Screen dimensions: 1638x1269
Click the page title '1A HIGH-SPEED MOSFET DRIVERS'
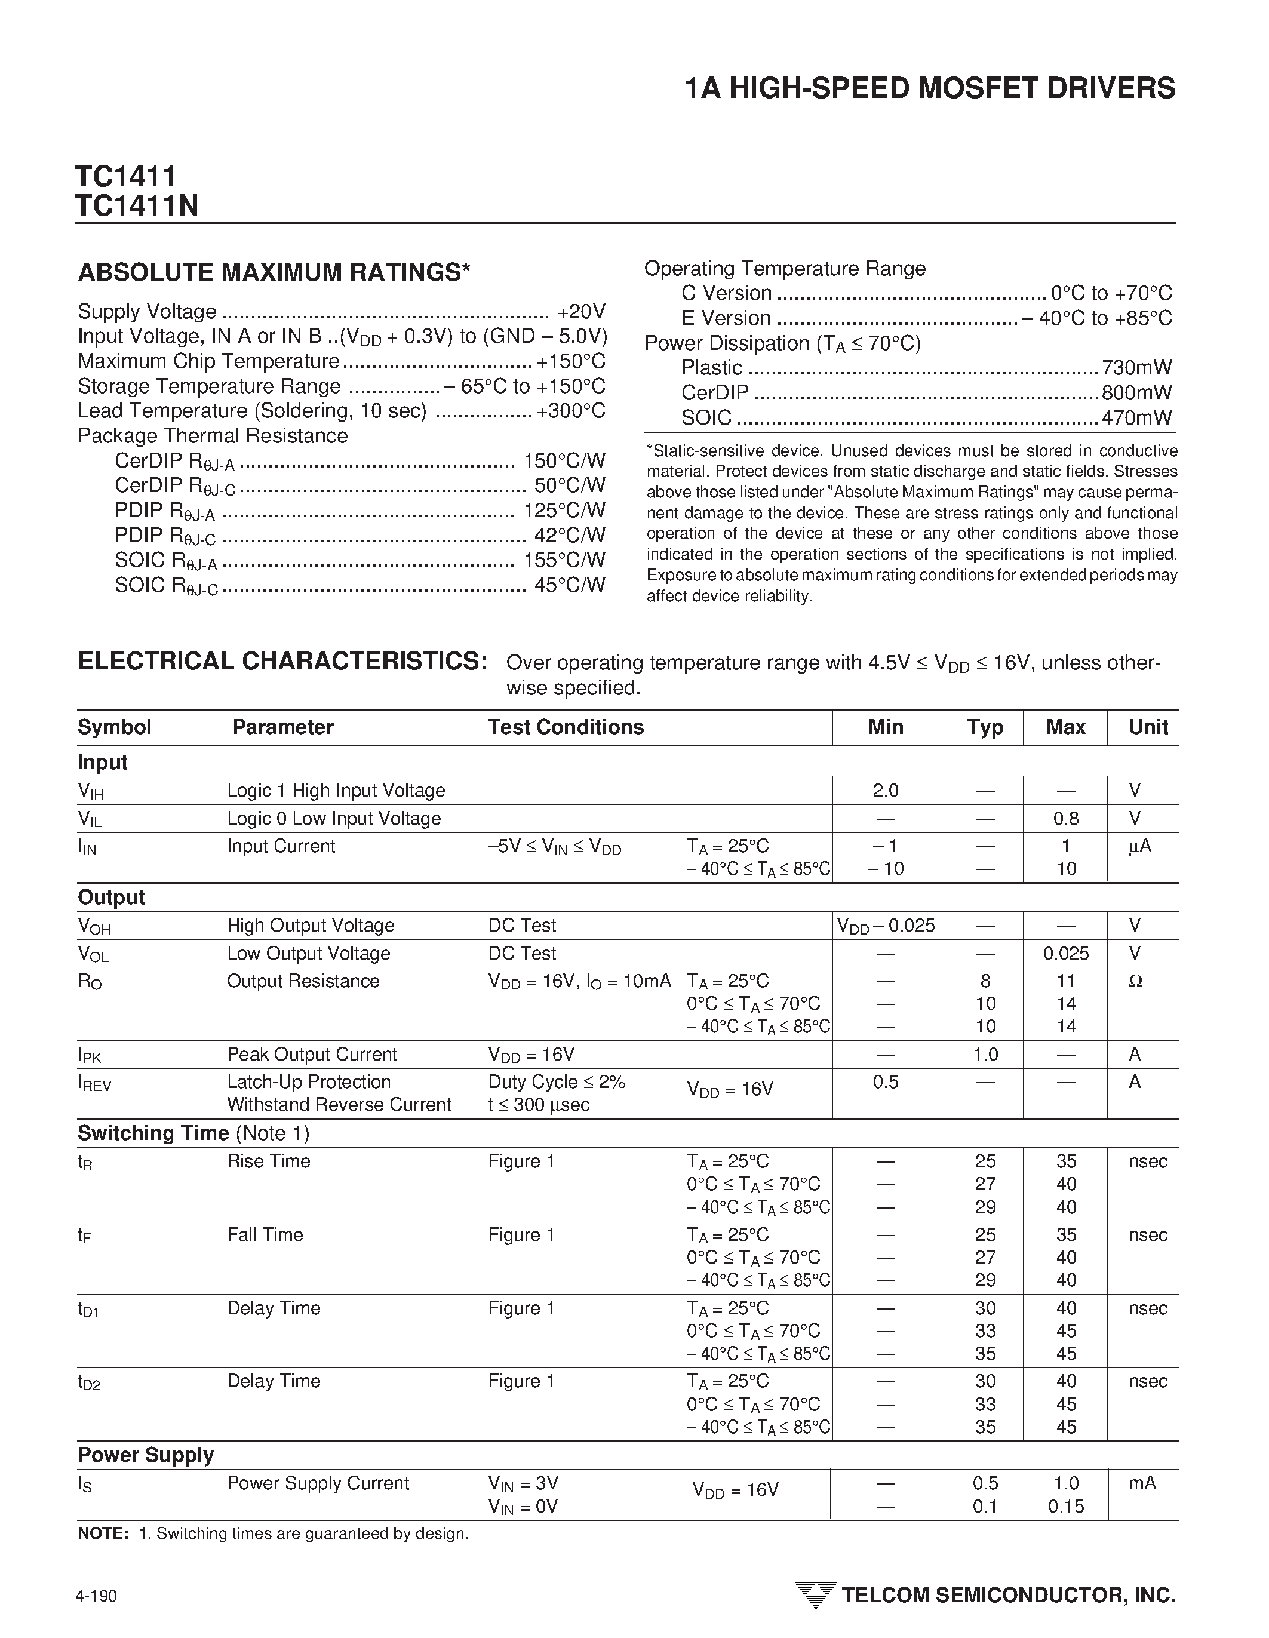[930, 88]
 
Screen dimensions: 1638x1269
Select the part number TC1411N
[137, 205]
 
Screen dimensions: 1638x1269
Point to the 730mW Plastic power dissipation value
[1136, 367]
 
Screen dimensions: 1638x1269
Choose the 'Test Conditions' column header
[566, 727]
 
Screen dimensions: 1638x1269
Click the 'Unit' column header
[1148, 727]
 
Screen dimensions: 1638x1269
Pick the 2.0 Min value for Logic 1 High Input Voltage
[886, 791]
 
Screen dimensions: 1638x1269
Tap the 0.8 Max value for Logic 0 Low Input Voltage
[1066, 818]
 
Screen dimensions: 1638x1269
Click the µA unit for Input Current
[1139, 847]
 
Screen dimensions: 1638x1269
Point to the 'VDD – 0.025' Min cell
[886, 926]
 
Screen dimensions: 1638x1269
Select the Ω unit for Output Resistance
[1135, 981]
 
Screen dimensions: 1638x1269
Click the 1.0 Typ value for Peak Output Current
[985, 1055]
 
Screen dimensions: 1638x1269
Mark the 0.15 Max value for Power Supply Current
[1066, 1506]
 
